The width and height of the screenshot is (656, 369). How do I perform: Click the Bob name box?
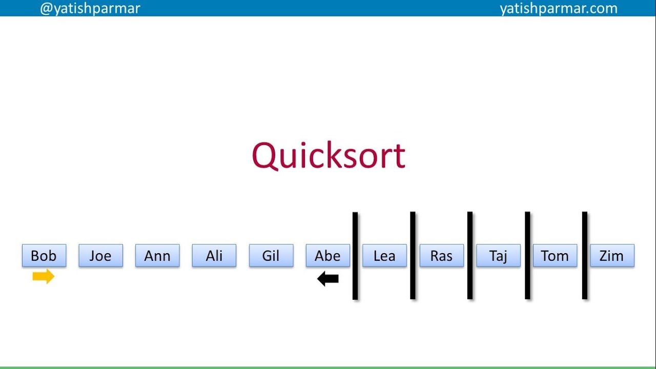click(x=44, y=256)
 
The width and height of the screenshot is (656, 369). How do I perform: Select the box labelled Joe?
click(x=100, y=256)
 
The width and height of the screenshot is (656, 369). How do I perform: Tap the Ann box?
click(x=157, y=256)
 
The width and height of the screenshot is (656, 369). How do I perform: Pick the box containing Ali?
click(x=214, y=256)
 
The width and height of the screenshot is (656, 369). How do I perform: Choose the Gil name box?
click(x=271, y=256)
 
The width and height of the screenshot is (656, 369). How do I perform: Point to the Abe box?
click(x=328, y=256)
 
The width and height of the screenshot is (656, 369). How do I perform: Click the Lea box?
click(x=384, y=256)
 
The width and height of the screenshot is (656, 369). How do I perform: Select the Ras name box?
click(x=441, y=256)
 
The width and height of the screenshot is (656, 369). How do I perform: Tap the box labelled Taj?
click(x=498, y=256)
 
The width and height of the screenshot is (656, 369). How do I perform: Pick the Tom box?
click(x=555, y=256)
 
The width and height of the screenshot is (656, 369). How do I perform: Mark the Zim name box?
click(x=612, y=256)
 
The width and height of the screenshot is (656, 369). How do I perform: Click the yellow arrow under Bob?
click(x=43, y=277)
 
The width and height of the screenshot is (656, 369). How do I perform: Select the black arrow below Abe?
click(x=328, y=279)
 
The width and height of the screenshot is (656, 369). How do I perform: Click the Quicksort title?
click(x=329, y=155)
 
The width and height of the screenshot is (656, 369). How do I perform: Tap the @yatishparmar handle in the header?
click(x=90, y=8)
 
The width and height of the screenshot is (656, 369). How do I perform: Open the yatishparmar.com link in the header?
click(x=559, y=8)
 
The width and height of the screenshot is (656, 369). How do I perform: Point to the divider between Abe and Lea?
click(x=355, y=256)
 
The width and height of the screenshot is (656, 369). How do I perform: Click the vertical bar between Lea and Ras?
click(x=413, y=256)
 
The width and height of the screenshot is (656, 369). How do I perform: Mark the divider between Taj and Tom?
click(x=527, y=256)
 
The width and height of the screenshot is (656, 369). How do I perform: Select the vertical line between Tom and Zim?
click(x=585, y=256)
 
